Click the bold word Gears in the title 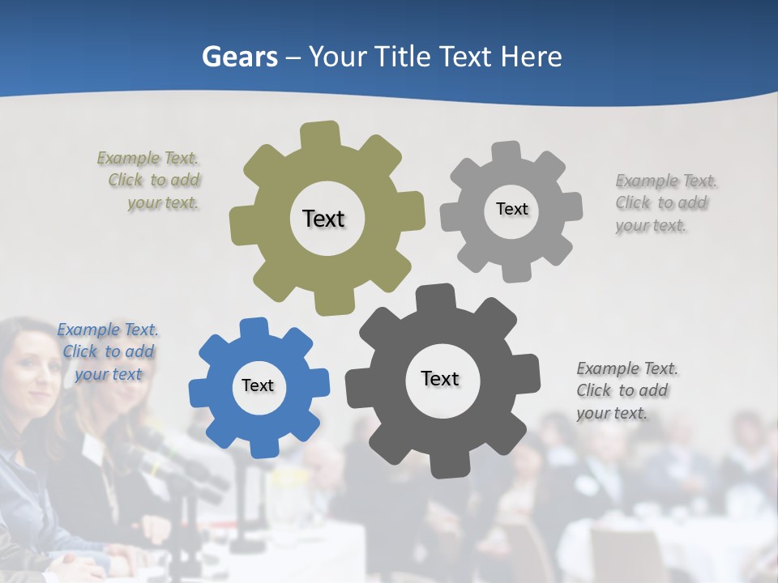(239, 57)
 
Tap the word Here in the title (531, 57)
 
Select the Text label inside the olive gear (323, 219)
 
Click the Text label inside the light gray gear (511, 209)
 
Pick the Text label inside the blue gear (258, 385)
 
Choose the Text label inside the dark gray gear (440, 378)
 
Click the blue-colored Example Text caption (108, 351)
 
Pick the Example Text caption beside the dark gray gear (626, 390)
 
